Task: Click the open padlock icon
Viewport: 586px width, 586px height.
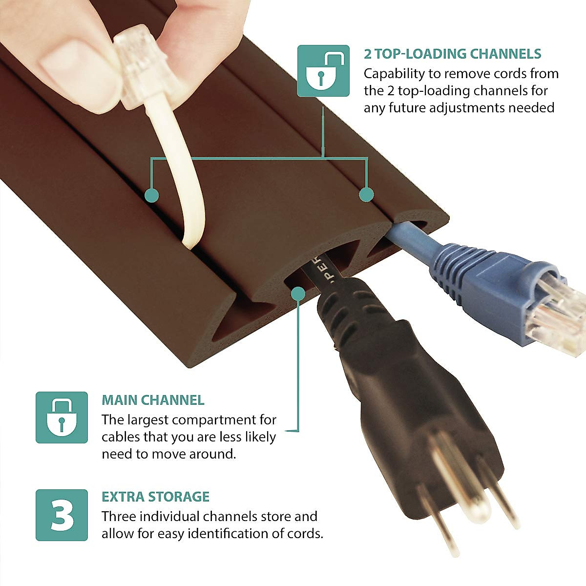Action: [x=323, y=71]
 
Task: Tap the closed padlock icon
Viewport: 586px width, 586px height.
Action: [x=62, y=417]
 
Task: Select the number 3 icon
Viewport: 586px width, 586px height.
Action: [x=62, y=515]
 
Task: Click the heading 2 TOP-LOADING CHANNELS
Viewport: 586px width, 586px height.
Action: [x=452, y=54]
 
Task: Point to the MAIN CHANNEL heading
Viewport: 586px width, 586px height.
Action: [x=153, y=400]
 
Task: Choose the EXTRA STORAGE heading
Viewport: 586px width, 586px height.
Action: [x=155, y=497]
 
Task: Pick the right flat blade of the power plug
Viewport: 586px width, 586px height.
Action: [x=503, y=493]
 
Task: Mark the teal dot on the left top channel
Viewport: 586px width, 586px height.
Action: [x=152, y=195]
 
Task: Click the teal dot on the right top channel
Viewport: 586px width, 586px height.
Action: [x=366, y=194]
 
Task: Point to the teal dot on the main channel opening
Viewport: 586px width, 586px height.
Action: [x=298, y=293]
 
